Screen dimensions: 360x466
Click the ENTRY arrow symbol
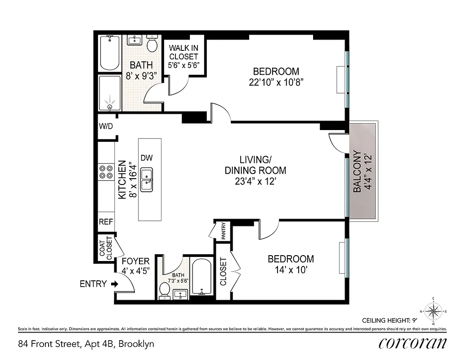tap(114, 284)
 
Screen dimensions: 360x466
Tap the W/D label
tap(106, 126)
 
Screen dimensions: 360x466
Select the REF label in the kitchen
tap(106, 222)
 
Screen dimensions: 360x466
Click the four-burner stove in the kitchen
tap(106, 172)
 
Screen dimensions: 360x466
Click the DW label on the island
tap(147, 158)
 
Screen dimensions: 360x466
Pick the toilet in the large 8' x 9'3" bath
tap(152, 44)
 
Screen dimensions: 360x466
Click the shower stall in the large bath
tap(110, 93)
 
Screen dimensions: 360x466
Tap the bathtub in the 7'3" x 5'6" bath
tap(202, 277)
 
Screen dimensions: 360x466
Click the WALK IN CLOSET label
tap(183, 56)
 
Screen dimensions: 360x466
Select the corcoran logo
tap(412, 343)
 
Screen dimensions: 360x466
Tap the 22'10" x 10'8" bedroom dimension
tap(276, 82)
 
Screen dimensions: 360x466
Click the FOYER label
tap(135, 261)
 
